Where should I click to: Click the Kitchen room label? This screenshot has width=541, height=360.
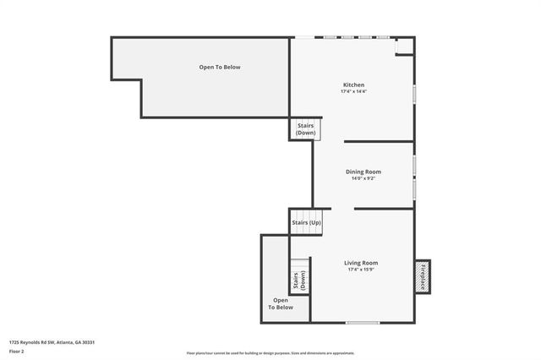(x=353, y=85)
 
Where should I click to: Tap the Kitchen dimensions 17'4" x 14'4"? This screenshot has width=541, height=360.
(x=353, y=91)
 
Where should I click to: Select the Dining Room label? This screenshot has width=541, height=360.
(x=363, y=172)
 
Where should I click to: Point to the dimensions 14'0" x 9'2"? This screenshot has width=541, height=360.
(x=363, y=178)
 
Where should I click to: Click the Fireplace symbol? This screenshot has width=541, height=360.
(x=422, y=275)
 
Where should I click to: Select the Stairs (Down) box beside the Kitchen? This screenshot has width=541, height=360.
(x=305, y=129)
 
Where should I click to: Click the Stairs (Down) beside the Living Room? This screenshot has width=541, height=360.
(x=299, y=277)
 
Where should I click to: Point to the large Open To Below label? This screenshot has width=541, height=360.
(x=220, y=67)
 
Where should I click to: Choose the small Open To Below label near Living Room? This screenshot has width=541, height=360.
(x=281, y=303)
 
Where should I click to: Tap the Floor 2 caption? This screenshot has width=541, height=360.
(x=17, y=351)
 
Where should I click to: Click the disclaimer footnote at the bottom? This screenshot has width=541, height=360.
(x=270, y=353)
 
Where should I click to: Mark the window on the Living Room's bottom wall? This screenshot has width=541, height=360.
(x=363, y=322)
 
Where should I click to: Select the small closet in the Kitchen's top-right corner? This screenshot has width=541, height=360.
(x=405, y=46)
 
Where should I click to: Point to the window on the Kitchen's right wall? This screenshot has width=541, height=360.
(x=414, y=92)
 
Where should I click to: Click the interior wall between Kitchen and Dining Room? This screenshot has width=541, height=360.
(x=378, y=142)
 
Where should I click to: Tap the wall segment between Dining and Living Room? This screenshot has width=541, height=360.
(x=383, y=209)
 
